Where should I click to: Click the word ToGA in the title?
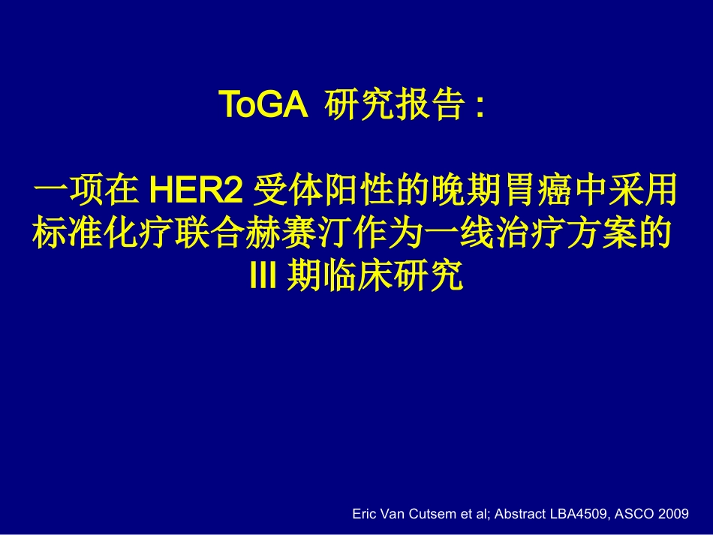[263, 106]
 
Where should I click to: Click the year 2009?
[675, 514]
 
